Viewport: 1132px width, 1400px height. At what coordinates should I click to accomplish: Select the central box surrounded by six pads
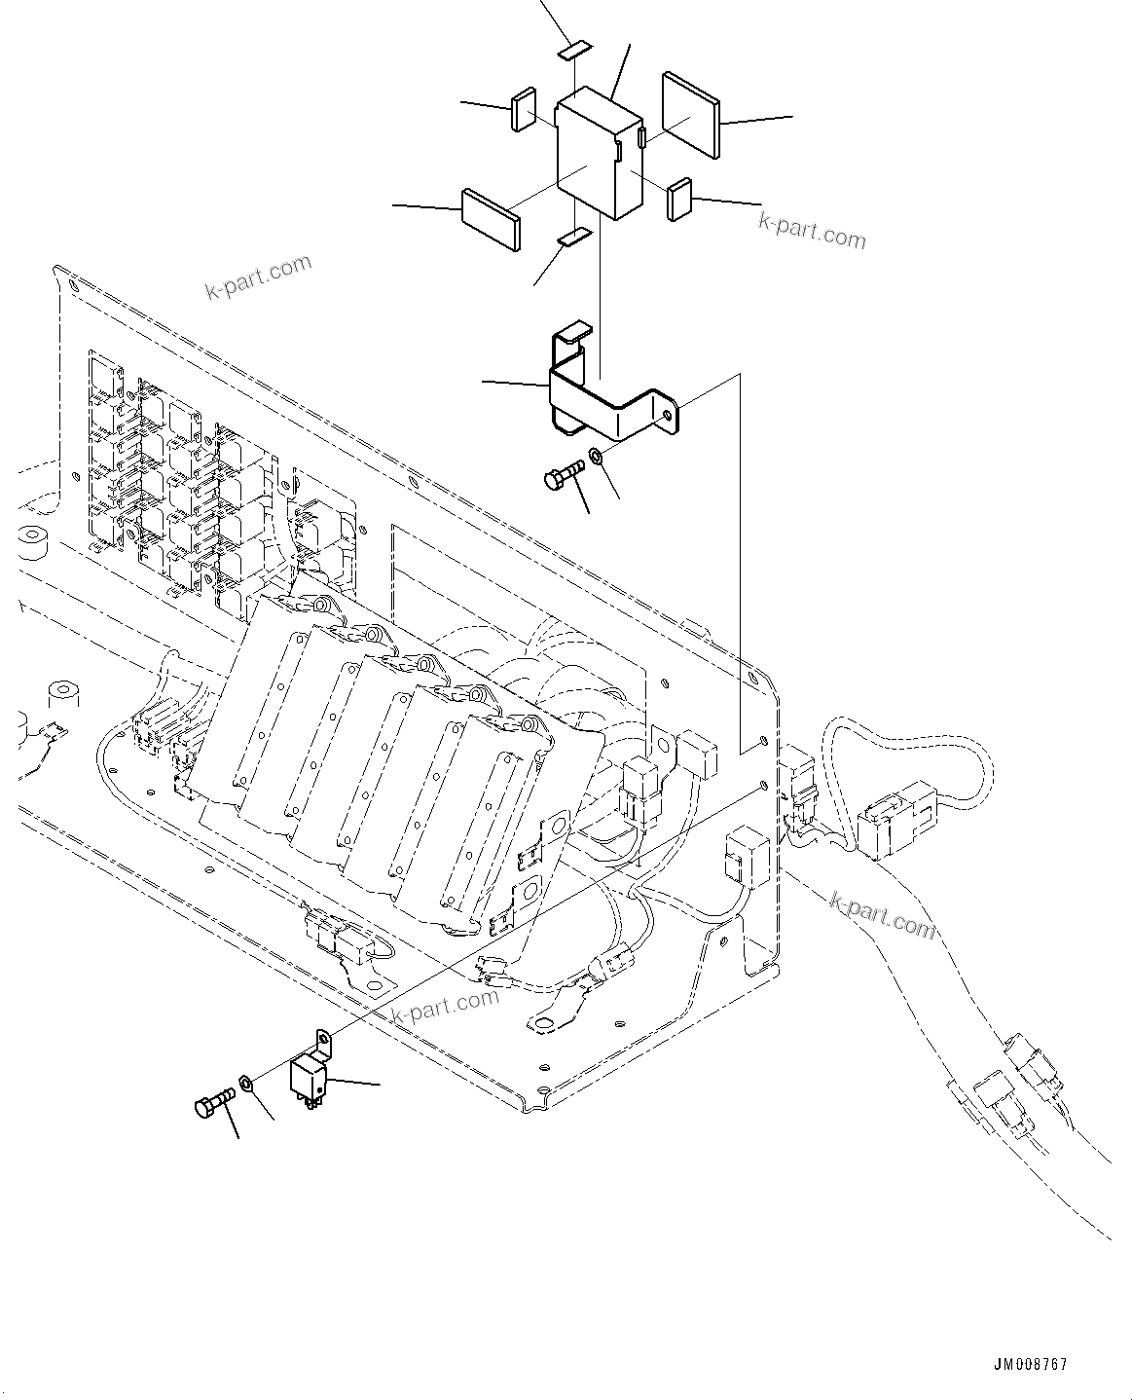click(599, 153)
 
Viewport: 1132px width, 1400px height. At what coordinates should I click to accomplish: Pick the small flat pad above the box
click(574, 49)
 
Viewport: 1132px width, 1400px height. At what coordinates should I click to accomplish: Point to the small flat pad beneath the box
click(574, 236)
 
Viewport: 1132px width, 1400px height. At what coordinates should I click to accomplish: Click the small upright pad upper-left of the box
click(524, 109)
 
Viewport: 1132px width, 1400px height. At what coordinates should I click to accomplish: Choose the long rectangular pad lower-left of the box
click(491, 218)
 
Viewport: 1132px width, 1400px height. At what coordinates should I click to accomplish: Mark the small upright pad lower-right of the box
click(679, 199)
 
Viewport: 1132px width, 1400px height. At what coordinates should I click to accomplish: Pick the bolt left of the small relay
click(214, 1105)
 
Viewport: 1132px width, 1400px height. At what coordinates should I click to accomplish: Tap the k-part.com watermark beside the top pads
click(812, 231)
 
